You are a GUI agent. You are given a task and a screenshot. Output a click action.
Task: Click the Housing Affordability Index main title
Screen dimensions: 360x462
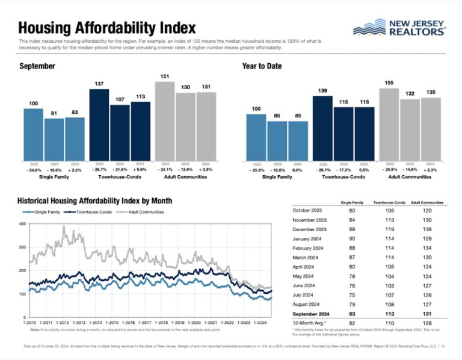pyautogui.click(x=106, y=28)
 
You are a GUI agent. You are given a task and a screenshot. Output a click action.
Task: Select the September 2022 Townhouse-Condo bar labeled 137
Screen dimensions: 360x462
pyautogui.click(x=99, y=125)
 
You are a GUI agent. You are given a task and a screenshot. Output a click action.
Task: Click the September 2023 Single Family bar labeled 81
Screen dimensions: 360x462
pyautogui.click(x=54, y=139)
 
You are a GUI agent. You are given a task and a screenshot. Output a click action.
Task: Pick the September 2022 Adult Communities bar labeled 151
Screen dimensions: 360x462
pyautogui.click(x=165, y=120)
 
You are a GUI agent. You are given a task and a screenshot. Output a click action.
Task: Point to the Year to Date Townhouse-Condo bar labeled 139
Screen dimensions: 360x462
pyautogui.click(x=322, y=128)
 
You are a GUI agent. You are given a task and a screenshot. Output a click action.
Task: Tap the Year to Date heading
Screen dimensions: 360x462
pyautogui.click(x=262, y=66)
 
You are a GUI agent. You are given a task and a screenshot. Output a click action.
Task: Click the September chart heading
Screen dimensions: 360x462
pyautogui.click(x=37, y=66)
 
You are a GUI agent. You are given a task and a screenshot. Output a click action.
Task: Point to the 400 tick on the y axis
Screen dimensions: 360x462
pyautogui.click(x=22, y=224)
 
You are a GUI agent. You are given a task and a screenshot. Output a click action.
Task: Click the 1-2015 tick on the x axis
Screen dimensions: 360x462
pyautogui.click(x=114, y=323)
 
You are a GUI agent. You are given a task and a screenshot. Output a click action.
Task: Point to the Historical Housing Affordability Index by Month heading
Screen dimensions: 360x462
pyautogui.click(x=96, y=200)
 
